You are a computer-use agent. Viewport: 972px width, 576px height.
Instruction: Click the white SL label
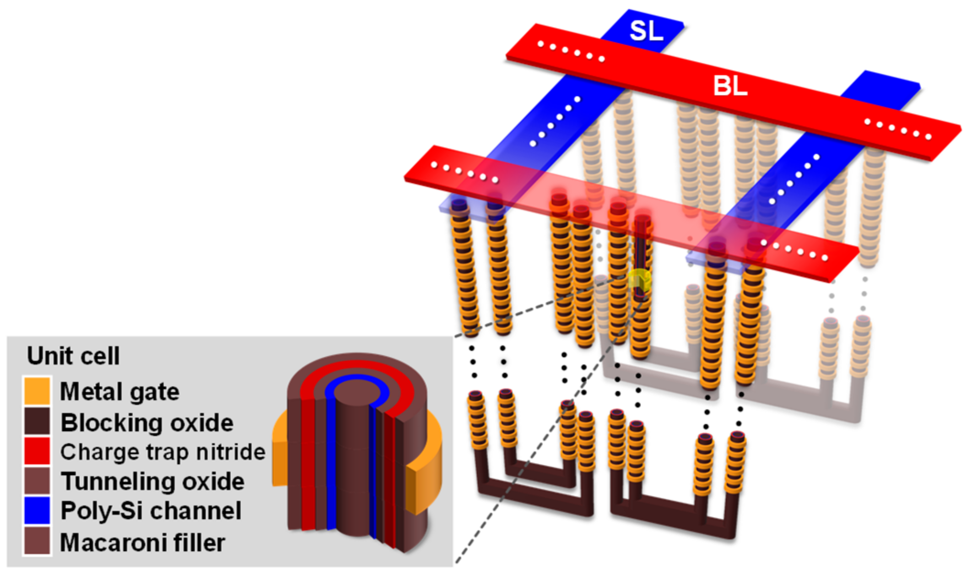coord(646,31)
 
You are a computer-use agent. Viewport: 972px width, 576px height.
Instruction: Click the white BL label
coord(730,86)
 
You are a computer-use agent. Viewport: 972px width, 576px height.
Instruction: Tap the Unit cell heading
coord(73,356)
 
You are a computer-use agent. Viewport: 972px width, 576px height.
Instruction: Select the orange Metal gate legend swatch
coord(37,391)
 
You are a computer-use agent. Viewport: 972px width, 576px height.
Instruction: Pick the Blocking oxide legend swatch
coord(37,421)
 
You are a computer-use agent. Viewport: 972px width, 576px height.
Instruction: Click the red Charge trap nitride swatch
coord(37,451)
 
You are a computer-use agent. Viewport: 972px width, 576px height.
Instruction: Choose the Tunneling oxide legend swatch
coord(37,481)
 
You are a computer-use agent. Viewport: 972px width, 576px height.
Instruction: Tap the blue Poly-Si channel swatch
coord(37,511)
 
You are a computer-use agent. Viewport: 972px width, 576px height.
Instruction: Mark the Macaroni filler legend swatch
coord(37,542)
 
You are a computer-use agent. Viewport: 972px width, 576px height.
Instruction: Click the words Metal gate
coord(119,392)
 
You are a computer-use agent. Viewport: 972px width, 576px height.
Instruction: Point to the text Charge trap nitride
coord(162,452)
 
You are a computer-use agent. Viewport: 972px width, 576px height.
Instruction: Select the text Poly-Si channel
coord(151,511)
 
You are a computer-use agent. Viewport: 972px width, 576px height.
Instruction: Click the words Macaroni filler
coord(142,543)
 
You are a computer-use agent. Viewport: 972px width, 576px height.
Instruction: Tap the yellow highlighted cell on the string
coord(639,280)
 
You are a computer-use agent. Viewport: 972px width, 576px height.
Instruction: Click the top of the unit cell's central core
coord(357,393)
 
